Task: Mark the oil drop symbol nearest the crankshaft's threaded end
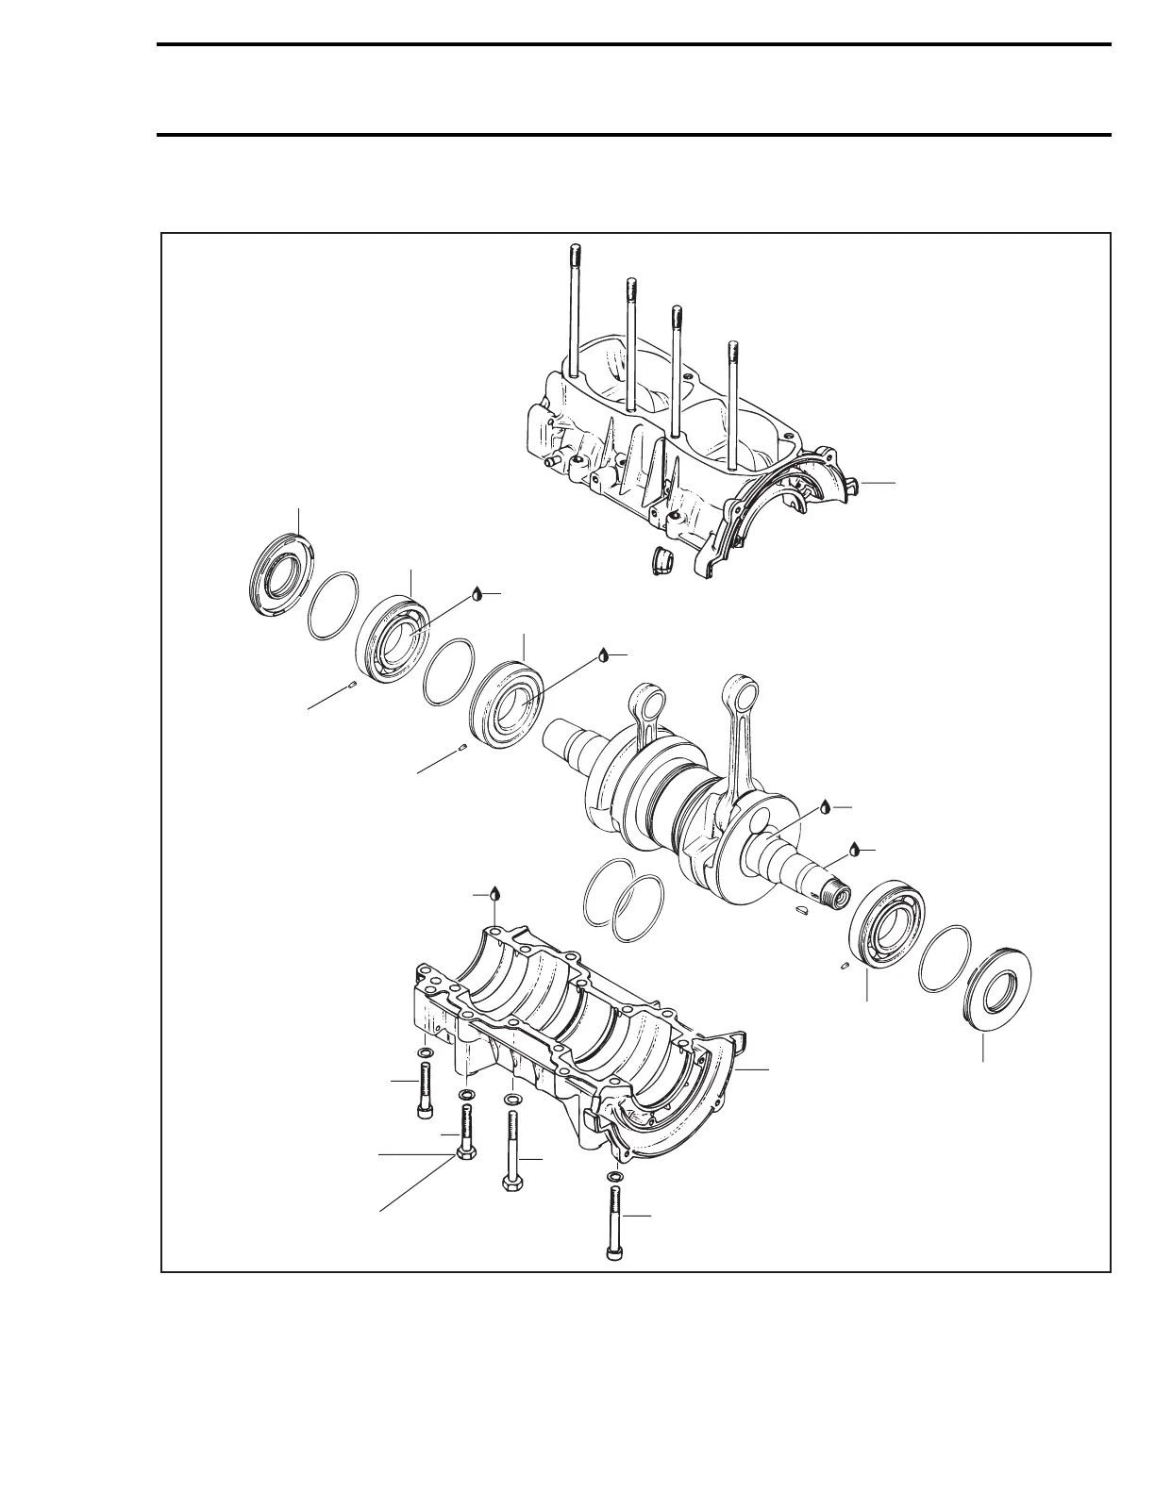(x=855, y=848)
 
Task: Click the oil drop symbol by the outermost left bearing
(x=477, y=593)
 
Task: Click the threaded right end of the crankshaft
(x=835, y=890)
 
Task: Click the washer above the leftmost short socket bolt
(x=426, y=1052)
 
